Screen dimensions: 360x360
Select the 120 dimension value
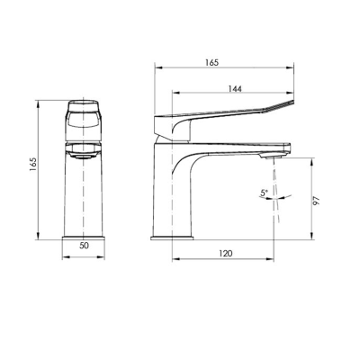[x=225, y=254]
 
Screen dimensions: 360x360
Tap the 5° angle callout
[x=263, y=193]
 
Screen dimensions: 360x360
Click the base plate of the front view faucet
[x=85, y=238]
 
